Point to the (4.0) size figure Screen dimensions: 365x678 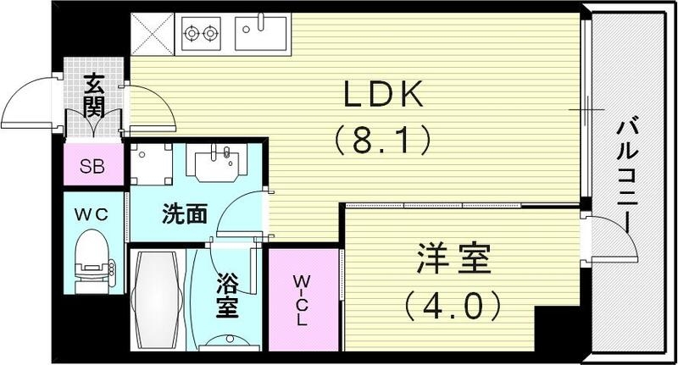(x=454, y=301)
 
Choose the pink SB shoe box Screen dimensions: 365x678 (x=92, y=166)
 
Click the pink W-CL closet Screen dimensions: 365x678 (x=303, y=301)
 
